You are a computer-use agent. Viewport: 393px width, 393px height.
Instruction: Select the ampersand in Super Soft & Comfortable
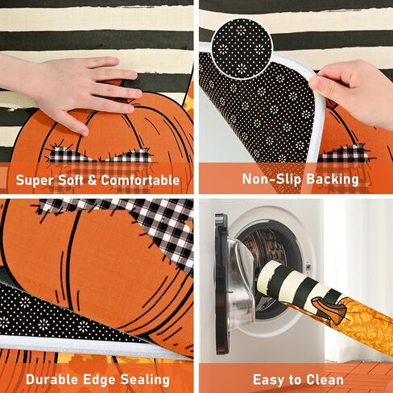pyautogui.click(x=92, y=180)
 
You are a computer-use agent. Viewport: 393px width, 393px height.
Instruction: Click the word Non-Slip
pyautogui.click(x=272, y=179)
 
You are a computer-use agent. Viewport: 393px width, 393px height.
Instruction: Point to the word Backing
pyautogui.click(x=333, y=180)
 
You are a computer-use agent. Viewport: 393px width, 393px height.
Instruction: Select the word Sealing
pyautogui.click(x=145, y=379)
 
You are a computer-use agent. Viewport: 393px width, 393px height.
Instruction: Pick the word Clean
pyautogui.click(x=325, y=380)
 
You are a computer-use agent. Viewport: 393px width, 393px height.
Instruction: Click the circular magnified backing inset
pyautogui.click(x=242, y=48)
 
